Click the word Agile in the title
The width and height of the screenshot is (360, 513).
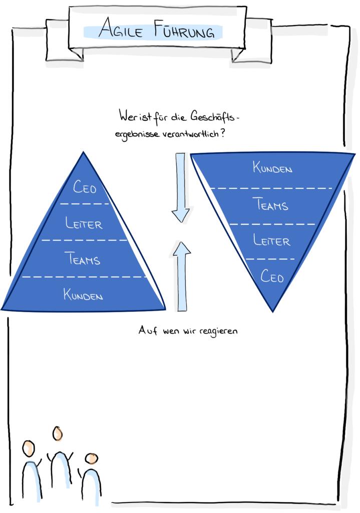[x=119, y=32]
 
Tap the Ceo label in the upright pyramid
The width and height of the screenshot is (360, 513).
[x=85, y=187]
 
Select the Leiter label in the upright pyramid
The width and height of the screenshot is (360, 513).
[x=84, y=223]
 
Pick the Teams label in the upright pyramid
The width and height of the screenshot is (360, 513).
[x=83, y=259]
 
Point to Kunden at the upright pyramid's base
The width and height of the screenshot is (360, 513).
[x=83, y=295]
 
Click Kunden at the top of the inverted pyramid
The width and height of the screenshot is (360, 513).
[x=272, y=167]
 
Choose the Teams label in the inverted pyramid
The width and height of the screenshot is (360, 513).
[x=270, y=204]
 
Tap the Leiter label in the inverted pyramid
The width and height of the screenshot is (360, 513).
[x=272, y=240]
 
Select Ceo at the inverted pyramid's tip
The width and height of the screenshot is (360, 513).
[x=272, y=276]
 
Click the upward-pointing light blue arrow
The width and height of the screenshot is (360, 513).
[x=181, y=275]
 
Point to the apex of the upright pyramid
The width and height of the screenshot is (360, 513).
[x=83, y=152]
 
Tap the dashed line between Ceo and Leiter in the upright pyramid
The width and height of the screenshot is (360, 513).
[x=85, y=204]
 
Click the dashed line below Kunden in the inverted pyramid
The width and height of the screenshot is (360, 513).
[x=269, y=188]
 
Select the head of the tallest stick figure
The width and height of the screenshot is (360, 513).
[x=59, y=434]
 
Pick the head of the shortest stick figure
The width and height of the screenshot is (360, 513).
[x=92, y=459]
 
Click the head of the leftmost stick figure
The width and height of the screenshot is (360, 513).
[x=29, y=448]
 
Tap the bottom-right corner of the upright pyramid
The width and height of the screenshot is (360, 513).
[x=165, y=309]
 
